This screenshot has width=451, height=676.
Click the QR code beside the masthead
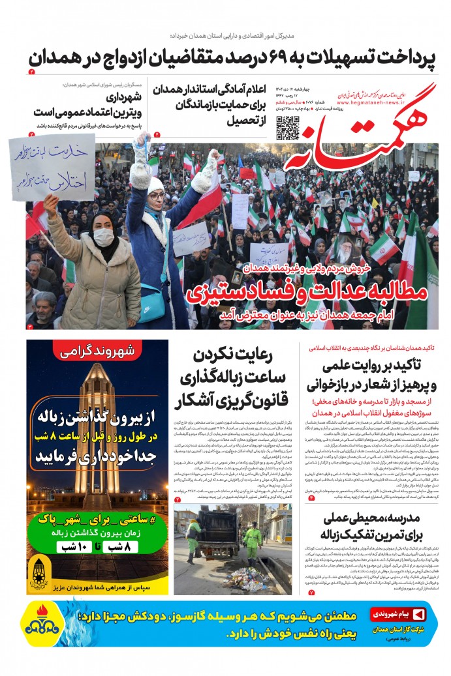(x=287, y=128)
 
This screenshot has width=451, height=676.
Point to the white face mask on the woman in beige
(x=103, y=237)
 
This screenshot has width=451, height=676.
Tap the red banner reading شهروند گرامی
(x=97, y=352)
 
